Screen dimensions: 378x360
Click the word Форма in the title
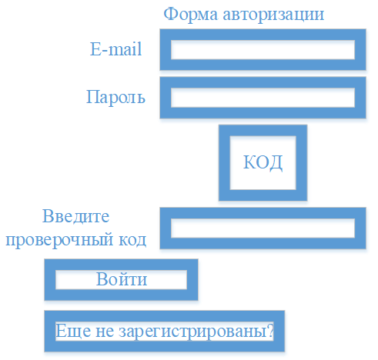click(191, 15)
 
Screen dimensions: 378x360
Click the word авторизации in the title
click(273, 15)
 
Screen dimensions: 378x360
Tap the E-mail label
click(115, 48)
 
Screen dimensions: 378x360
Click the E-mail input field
click(263, 49)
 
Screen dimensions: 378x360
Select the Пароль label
click(115, 97)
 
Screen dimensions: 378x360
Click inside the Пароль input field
click(263, 98)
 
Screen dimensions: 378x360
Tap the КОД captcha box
click(263, 162)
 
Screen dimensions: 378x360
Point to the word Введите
click(75, 217)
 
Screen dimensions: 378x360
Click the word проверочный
click(59, 240)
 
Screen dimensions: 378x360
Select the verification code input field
click(263, 228)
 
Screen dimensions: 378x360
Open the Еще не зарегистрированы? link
click(165, 331)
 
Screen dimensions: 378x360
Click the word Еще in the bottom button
click(73, 331)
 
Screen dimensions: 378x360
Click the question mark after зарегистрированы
click(270, 330)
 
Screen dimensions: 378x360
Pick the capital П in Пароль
click(92, 96)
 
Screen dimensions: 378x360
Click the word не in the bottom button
click(105, 332)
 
